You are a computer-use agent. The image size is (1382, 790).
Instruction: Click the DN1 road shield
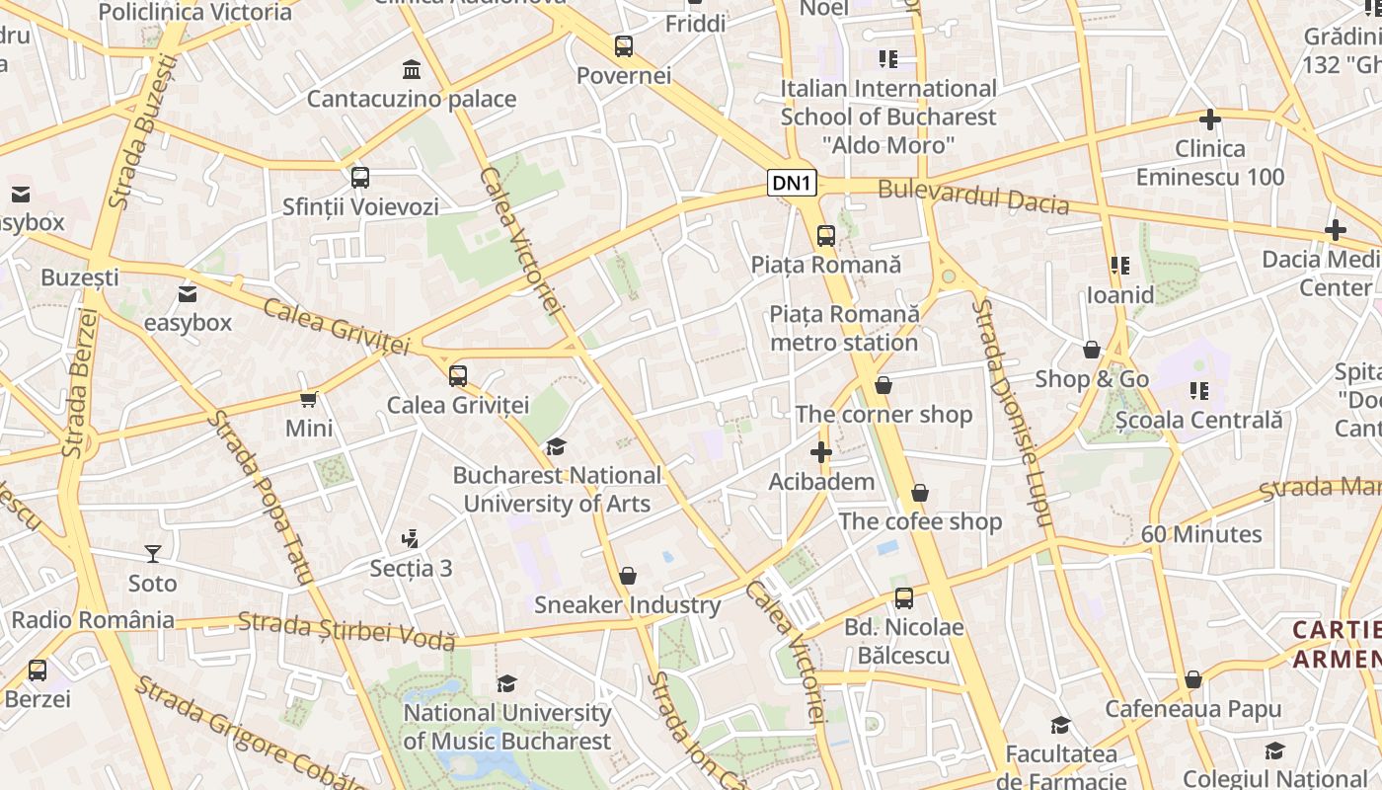[793, 183]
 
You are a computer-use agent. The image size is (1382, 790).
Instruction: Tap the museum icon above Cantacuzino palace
[411, 70]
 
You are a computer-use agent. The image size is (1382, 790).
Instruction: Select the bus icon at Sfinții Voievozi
[360, 178]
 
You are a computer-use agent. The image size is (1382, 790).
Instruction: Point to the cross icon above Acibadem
[820, 453]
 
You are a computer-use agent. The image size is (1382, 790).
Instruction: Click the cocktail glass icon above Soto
[153, 553]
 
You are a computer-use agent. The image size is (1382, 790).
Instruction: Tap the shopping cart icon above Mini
[308, 399]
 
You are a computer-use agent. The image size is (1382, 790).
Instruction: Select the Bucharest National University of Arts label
[557, 489]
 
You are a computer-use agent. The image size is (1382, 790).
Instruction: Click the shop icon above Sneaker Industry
[627, 576]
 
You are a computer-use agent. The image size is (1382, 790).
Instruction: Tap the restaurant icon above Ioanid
[1119, 266]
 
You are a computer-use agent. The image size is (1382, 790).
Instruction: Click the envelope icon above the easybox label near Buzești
[188, 293]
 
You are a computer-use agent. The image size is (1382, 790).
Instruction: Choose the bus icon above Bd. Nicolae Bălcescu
[904, 597]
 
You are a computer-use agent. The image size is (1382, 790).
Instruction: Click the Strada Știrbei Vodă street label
[346, 630]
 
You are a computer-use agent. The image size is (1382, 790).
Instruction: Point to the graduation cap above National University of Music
[506, 683]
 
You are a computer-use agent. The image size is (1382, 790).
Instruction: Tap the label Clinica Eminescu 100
[1210, 163]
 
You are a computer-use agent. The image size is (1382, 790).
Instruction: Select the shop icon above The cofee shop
[920, 492]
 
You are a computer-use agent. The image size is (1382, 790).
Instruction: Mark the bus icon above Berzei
[38, 670]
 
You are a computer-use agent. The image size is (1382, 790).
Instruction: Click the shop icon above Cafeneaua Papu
[1192, 679]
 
